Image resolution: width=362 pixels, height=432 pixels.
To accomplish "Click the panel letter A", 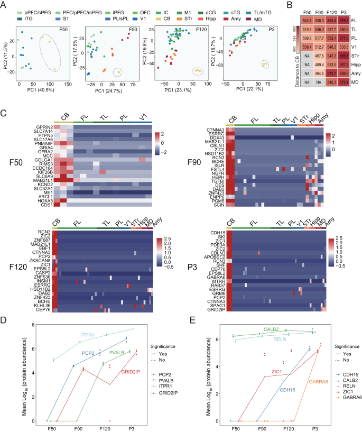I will click(5, 5).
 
